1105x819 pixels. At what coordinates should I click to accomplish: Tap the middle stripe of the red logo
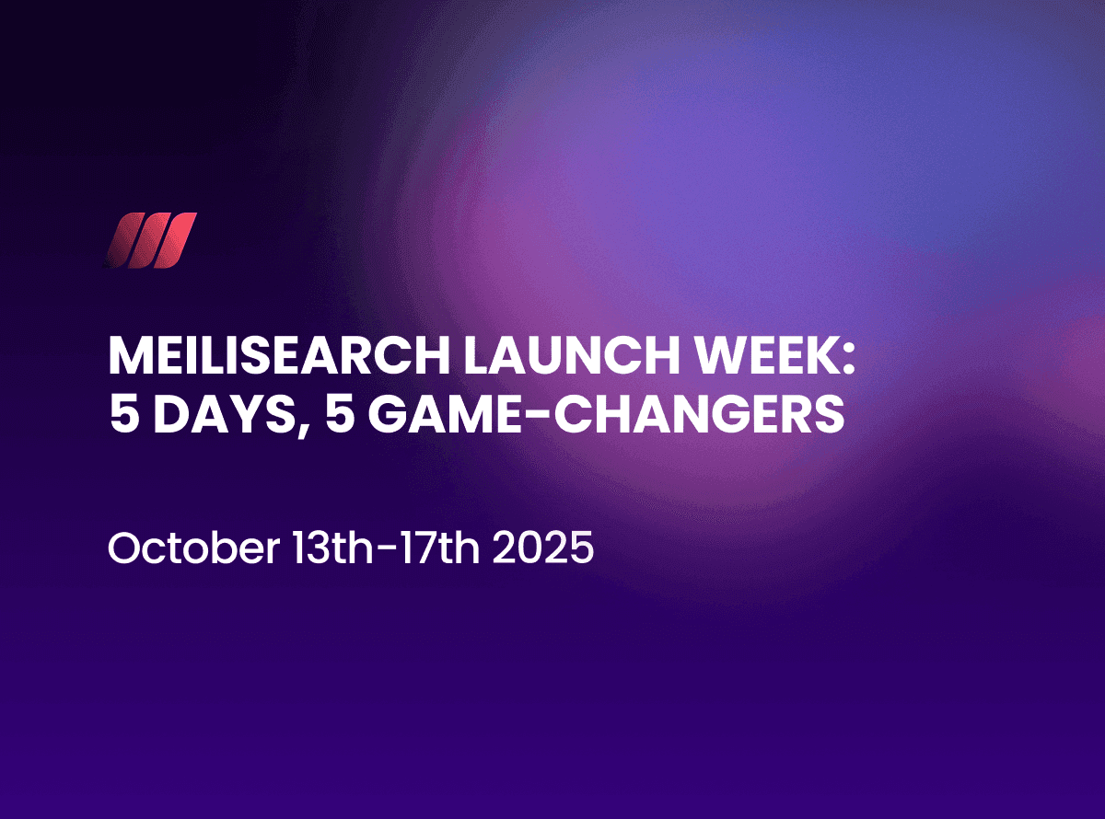150,241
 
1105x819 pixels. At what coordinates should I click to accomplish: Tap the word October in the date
192,549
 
